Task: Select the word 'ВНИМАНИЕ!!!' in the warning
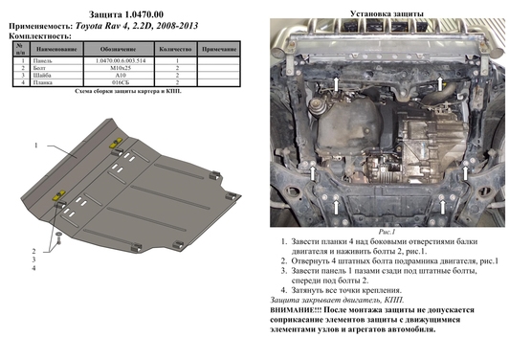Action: [304, 309]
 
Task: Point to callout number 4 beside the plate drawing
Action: [33, 241]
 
